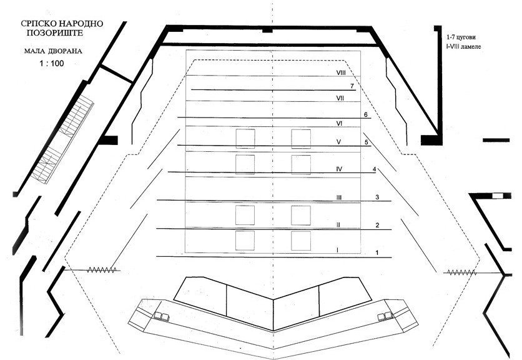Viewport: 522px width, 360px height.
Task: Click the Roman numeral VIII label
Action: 341,72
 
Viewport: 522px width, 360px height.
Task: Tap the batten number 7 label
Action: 353,86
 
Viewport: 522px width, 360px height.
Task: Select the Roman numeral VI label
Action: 340,123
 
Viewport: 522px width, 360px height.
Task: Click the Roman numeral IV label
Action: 340,169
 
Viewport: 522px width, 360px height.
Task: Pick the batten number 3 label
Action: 377,197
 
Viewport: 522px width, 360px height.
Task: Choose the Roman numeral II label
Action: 338,224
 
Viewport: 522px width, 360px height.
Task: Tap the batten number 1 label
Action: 377,252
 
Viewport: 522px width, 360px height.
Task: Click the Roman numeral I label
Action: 337,250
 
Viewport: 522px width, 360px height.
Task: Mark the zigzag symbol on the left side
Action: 101,270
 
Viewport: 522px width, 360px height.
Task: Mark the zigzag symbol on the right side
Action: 461,272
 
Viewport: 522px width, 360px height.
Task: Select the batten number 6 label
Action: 365,114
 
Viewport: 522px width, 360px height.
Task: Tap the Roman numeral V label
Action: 338,142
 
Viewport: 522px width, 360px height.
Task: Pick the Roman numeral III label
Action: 338,197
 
